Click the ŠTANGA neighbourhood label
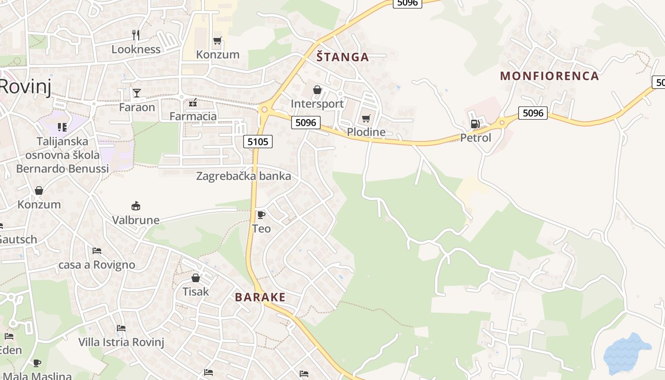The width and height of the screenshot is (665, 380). tap(342, 57)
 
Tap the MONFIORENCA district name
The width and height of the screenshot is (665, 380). tap(550, 76)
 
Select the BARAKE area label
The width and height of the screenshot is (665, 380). tap(260, 298)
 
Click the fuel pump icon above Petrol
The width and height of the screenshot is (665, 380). tap(475, 124)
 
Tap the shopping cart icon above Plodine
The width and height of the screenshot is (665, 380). tap(366, 118)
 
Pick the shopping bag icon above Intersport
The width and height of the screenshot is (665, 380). tap(317, 90)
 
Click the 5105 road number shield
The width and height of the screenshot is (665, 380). tap(258, 141)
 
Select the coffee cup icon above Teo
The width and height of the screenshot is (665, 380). tap(261, 215)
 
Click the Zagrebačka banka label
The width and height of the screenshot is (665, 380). tap(244, 176)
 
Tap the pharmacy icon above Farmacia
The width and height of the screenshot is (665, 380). tap(193, 103)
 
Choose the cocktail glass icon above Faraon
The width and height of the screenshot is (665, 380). tap(137, 93)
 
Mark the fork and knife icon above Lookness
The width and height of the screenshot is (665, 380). tap(136, 35)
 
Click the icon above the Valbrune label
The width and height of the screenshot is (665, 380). tap(136, 206)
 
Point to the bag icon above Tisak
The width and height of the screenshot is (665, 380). tap(196, 277)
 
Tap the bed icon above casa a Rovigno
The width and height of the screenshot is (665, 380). tap(97, 251)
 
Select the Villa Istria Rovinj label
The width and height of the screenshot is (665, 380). tap(121, 342)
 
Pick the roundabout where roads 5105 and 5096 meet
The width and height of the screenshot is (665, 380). tap(265, 110)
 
